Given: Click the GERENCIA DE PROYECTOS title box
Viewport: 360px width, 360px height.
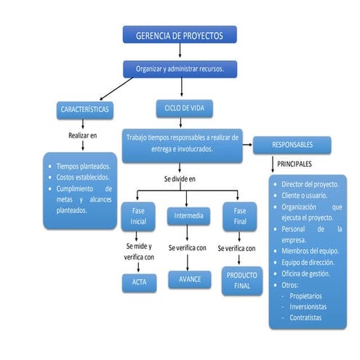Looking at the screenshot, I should (179, 36).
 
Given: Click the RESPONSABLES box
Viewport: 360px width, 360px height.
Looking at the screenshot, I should (292, 144).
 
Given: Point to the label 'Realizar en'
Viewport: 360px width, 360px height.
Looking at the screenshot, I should (82, 135).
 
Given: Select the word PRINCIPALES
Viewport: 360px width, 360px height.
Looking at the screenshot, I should (294, 164).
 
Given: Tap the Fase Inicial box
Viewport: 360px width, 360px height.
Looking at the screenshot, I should (138, 215).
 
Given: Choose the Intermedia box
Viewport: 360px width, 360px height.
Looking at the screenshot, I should (188, 215).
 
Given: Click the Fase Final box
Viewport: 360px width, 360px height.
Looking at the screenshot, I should (241, 215).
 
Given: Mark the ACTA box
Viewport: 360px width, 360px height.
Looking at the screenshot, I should (139, 281).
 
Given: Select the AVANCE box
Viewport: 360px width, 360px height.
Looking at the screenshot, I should (189, 279).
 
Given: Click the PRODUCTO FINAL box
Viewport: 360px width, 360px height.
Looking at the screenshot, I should (241, 281).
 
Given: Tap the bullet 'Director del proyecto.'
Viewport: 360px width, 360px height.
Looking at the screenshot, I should (312, 184).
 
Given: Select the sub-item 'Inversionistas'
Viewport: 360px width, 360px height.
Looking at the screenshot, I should (308, 306).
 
